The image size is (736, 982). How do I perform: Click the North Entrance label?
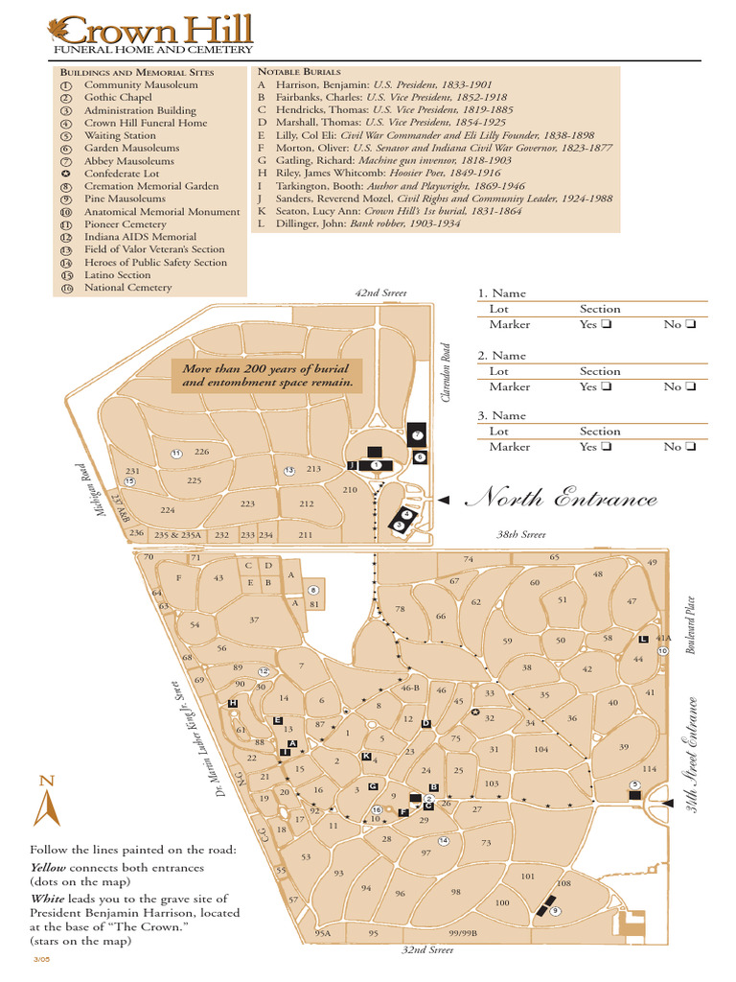(562, 499)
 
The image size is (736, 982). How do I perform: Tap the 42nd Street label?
(380, 292)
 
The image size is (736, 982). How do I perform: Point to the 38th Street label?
(520, 533)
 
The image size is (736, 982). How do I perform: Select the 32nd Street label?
(426, 950)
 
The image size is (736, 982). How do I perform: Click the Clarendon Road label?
(446, 373)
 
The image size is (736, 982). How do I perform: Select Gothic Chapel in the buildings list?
(118, 98)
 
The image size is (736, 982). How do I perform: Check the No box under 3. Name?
(690, 447)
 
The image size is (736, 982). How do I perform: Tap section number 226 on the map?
(201, 452)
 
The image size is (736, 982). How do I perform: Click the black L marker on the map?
(643, 640)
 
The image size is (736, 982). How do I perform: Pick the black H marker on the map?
(232, 704)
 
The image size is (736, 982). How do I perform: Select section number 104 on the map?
(541, 750)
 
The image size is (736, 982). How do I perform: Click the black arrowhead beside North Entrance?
(443, 500)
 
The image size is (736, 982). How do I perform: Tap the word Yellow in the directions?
(51, 868)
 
